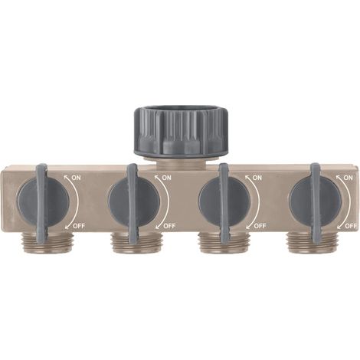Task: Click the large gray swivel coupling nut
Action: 180,133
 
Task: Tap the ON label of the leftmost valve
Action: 76,178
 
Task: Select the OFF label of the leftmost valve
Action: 79,226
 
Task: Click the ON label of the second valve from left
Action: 166,178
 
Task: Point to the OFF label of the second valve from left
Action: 169,226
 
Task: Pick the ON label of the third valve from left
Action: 257,178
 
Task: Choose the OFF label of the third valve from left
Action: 260,226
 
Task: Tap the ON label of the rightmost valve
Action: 348,178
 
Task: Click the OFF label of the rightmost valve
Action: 351,226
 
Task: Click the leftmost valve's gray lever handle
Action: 41,204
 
